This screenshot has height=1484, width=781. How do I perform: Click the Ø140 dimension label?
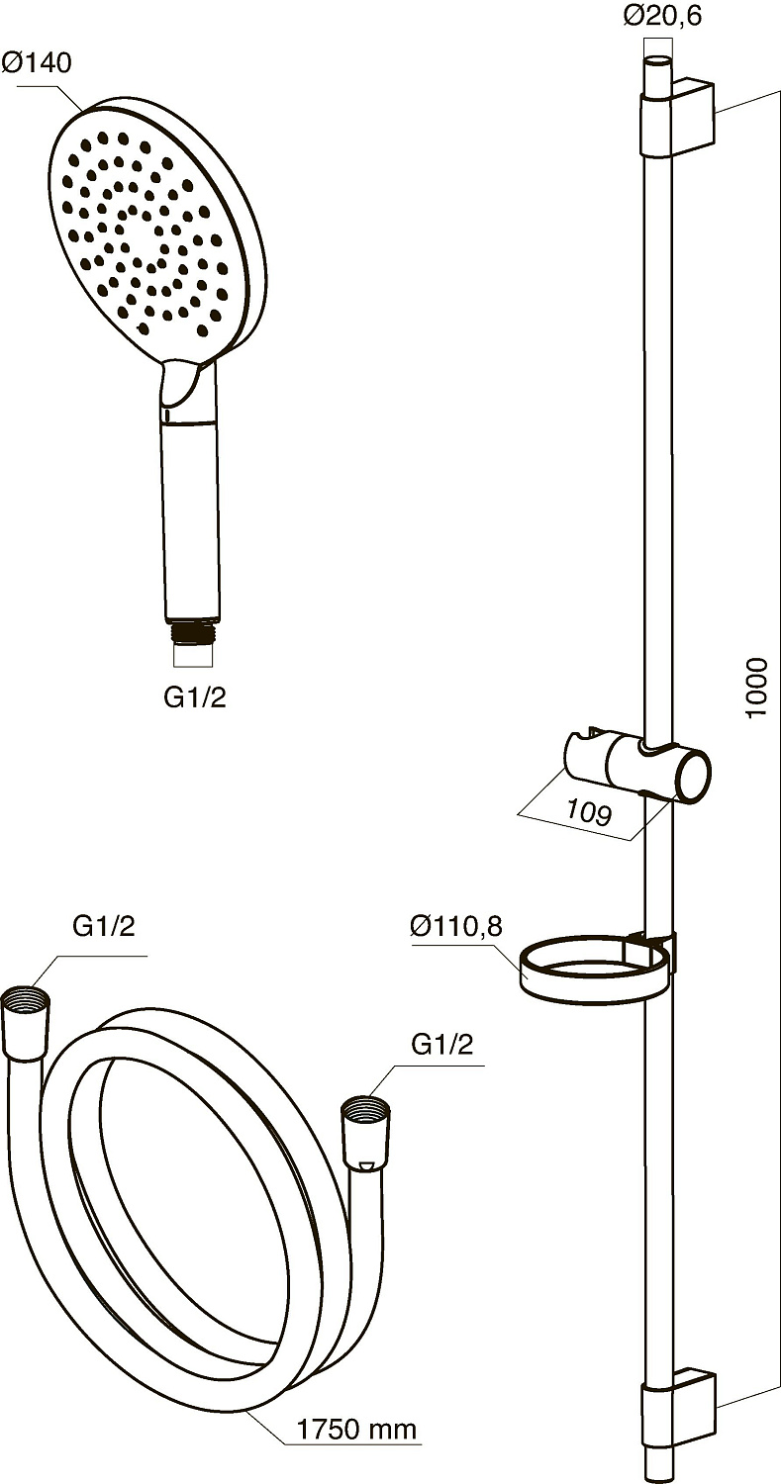pyautogui.click(x=36, y=63)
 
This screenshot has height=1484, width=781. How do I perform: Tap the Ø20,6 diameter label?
pyautogui.click(x=661, y=16)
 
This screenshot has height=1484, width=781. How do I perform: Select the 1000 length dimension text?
pyautogui.click(x=756, y=687)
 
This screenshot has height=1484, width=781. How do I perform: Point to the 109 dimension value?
pyautogui.click(x=589, y=812)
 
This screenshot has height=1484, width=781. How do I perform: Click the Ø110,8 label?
pyautogui.click(x=456, y=925)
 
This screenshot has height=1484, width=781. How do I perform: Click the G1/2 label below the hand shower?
pyautogui.click(x=195, y=697)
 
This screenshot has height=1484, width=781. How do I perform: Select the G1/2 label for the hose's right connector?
pyautogui.click(x=441, y=1045)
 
